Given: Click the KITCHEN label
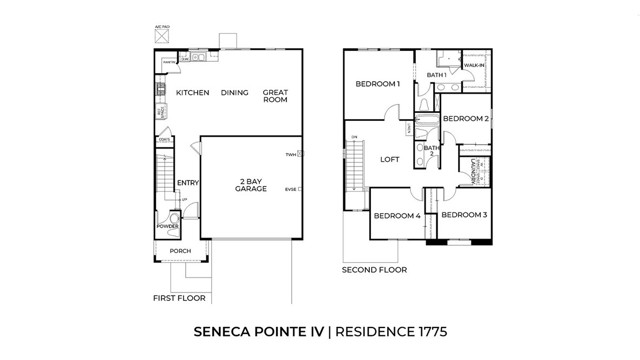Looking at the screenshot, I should (x=192, y=92).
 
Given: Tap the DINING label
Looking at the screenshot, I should (x=234, y=92).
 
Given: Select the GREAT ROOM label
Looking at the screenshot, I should (x=276, y=96).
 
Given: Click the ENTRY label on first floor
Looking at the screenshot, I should (x=187, y=183).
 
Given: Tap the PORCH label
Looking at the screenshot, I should (x=180, y=251).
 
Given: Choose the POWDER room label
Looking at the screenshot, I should (x=167, y=226).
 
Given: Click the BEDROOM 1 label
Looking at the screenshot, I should (x=378, y=85).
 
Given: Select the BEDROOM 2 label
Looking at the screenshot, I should (x=465, y=119).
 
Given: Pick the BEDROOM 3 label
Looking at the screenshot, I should (x=464, y=215).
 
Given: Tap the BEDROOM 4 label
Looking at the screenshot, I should (x=397, y=216).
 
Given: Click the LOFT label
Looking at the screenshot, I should (x=390, y=159).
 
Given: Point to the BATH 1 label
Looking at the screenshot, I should (x=436, y=75).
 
